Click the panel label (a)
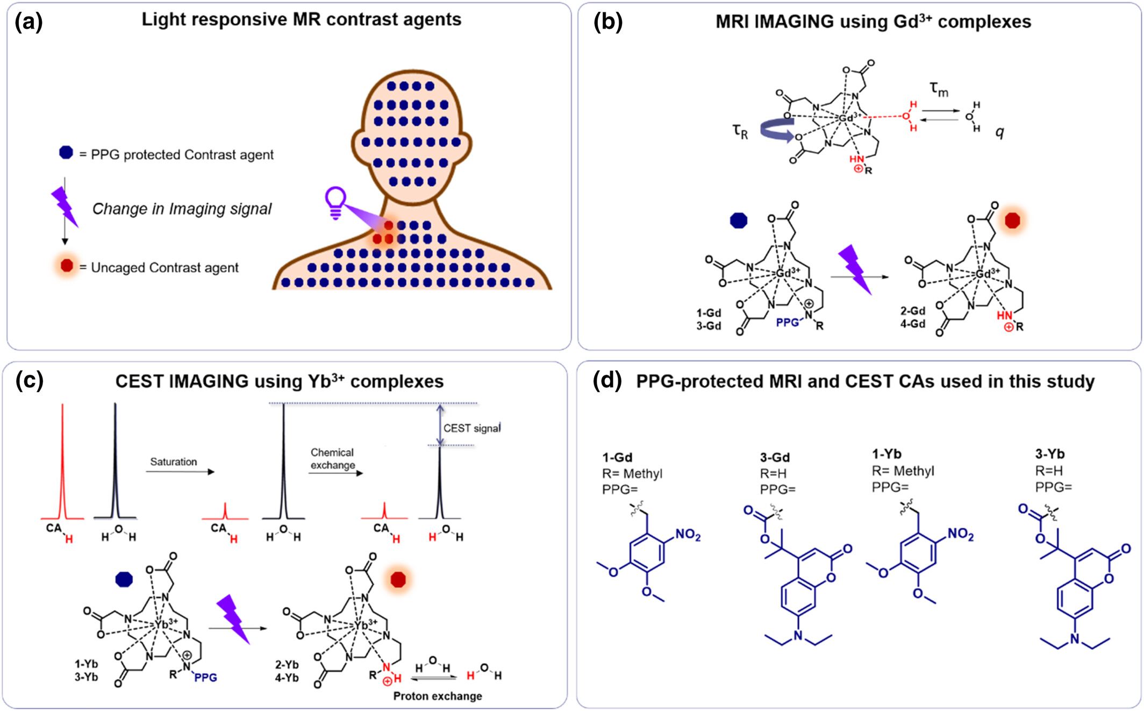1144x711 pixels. (x=28, y=23)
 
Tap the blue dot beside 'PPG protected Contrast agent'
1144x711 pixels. (x=66, y=153)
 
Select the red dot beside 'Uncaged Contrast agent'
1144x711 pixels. (x=67, y=266)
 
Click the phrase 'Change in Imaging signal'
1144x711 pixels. (x=182, y=209)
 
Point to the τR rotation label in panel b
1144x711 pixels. (x=740, y=131)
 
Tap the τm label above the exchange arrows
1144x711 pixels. (x=939, y=89)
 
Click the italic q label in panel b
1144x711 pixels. (x=999, y=132)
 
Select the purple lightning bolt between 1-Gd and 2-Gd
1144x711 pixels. (x=855, y=269)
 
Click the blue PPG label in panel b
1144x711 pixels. (x=787, y=323)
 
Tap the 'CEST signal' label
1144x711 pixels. (x=472, y=428)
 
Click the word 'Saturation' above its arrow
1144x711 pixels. (x=173, y=461)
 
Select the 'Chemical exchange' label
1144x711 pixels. (x=333, y=459)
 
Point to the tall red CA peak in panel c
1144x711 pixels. (x=62, y=463)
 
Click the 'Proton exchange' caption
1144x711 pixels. (x=437, y=696)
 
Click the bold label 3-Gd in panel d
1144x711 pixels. (x=775, y=457)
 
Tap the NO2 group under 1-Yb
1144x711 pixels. (x=960, y=534)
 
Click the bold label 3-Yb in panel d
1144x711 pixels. (x=1050, y=454)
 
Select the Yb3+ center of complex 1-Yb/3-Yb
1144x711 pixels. (x=165, y=624)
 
